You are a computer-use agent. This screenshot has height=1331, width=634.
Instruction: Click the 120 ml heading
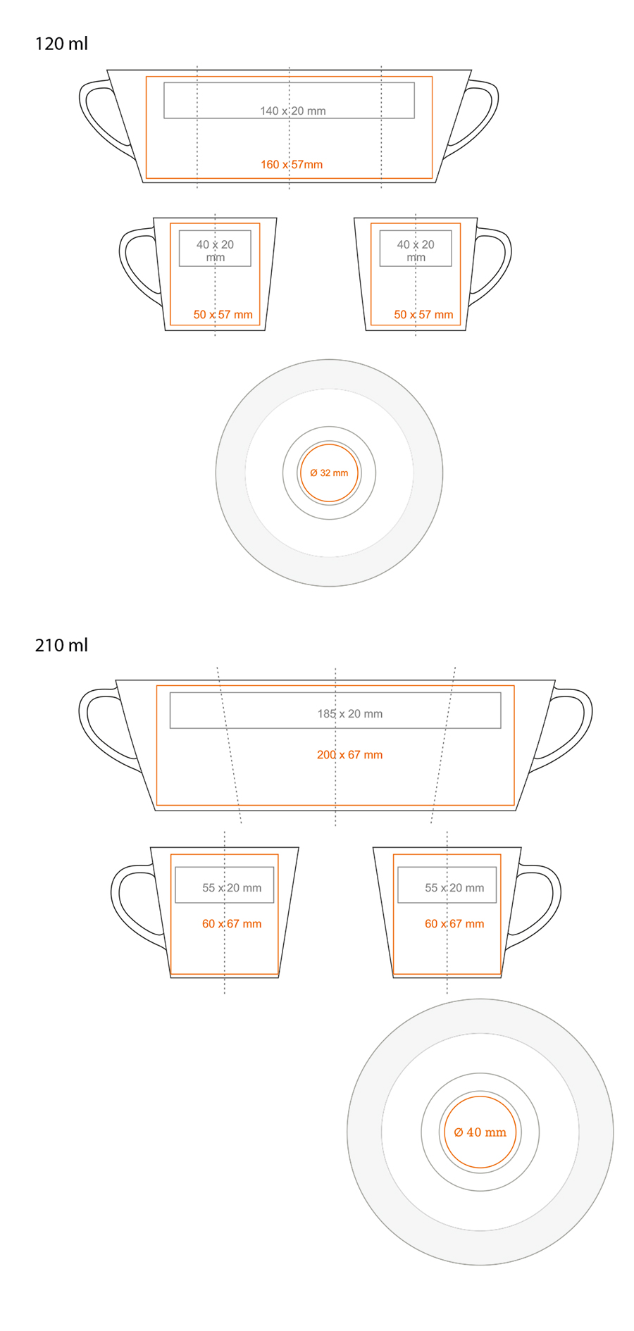[x=61, y=44]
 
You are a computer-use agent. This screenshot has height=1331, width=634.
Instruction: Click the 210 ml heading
[x=61, y=645]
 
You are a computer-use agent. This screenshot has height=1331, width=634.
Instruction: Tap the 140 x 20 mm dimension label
[x=293, y=111]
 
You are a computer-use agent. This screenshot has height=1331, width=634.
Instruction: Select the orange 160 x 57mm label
[x=292, y=165]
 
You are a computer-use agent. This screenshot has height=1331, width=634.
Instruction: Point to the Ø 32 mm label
[x=329, y=473]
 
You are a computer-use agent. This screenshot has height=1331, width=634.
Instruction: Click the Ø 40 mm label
[x=480, y=1132]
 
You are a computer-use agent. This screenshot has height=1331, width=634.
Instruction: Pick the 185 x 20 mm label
[x=350, y=713]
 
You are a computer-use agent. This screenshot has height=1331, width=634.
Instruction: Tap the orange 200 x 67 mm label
[x=350, y=754]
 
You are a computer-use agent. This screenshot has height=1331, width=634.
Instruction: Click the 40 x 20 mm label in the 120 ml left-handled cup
[x=215, y=251]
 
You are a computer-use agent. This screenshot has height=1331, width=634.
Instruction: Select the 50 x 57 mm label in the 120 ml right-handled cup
[x=423, y=315]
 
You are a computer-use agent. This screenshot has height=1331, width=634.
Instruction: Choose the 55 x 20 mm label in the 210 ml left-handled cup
[x=232, y=888]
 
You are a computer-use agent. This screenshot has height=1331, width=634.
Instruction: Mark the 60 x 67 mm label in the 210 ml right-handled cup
[x=454, y=924]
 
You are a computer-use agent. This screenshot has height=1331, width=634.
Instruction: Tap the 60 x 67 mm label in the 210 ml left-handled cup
[x=232, y=924]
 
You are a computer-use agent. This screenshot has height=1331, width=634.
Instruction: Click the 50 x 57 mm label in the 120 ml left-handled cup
[x=223, y=315]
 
